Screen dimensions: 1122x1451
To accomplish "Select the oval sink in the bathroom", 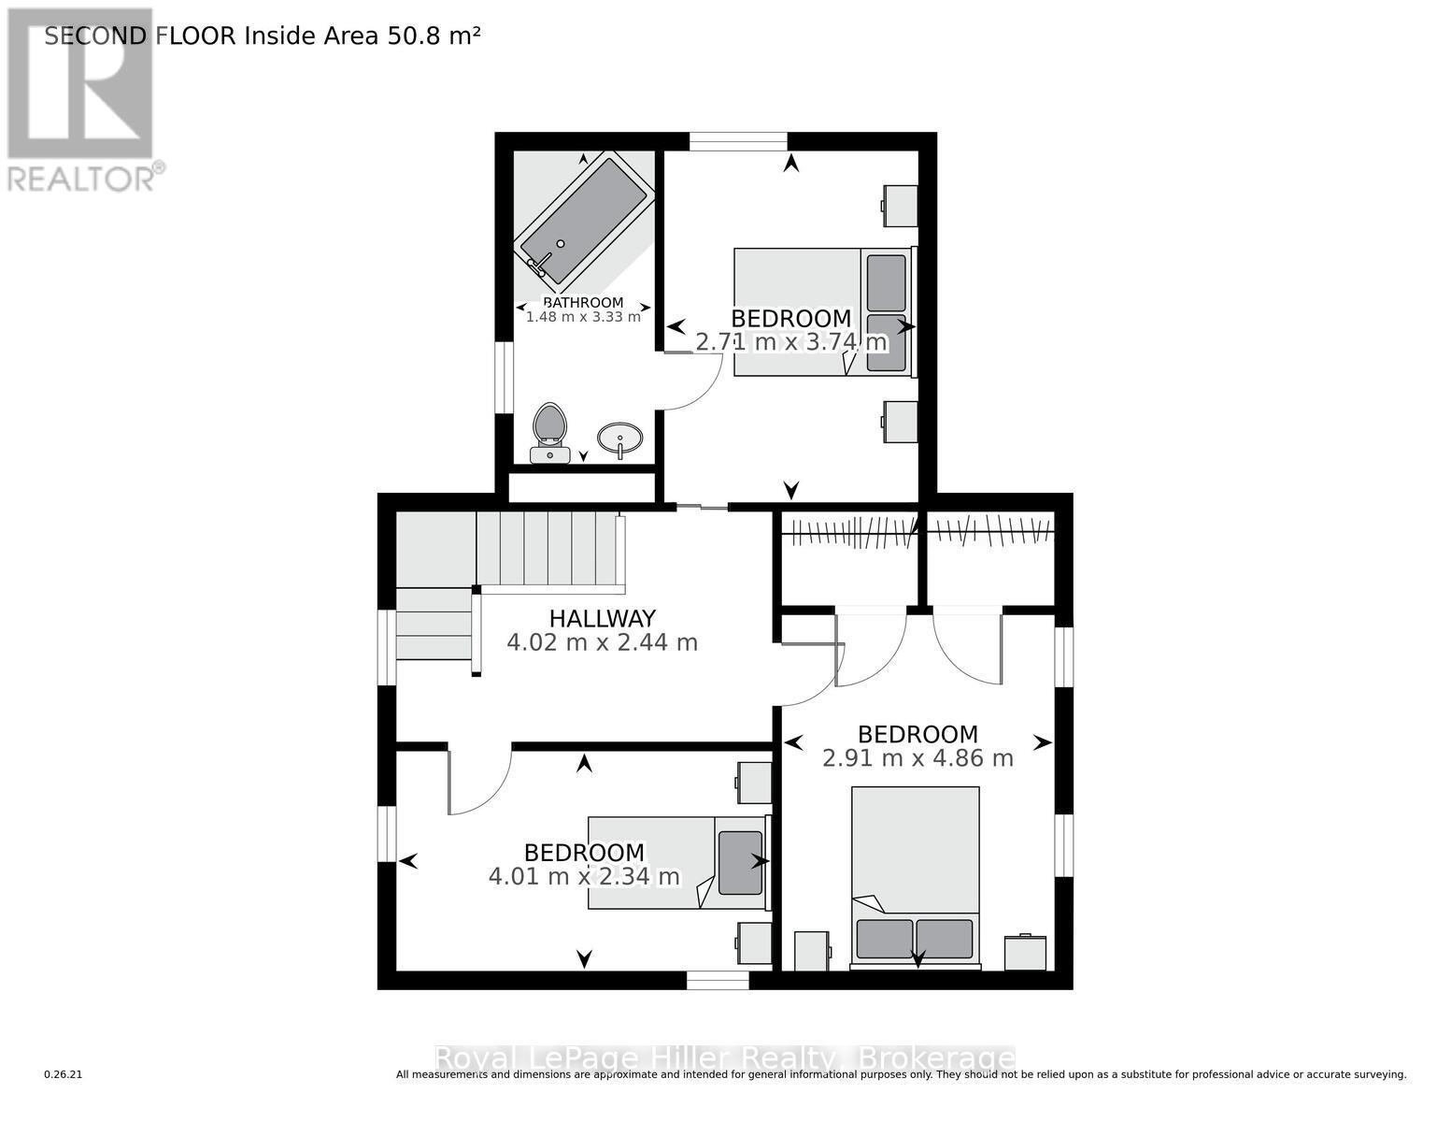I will pyautogui.click(x=619, y=437).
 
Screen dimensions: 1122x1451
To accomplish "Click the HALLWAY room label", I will pyautogui.click(x=602, y=618).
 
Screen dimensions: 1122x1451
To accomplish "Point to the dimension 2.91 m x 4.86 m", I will pyautogui.click(x=918, y=758).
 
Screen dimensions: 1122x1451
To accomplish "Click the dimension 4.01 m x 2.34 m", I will pyautogui.click(x=584, y=877).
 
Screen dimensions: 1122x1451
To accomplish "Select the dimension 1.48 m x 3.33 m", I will pyautogui.click(x=583, y=317).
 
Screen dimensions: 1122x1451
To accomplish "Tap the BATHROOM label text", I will pyautogui.click(x=583, y=302).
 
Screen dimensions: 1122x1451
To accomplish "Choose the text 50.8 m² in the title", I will pyautogui.click(x=434, y=36).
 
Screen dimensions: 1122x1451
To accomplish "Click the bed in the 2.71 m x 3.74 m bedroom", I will pyautogui.click(x=822, y=311).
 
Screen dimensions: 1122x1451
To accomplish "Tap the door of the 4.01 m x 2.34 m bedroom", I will pyautogui.click(x=478, y=782).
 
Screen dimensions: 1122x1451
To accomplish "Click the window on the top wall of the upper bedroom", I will pyautogui.click(x=738, y=141).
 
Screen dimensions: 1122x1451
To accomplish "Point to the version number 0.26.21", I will pyautogui.click(x=64, y=1075).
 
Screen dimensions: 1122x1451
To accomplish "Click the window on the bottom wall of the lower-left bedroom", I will pyautogui.click(x=718, y=980).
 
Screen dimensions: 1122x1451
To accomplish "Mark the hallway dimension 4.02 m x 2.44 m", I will pyautogui.click(x=602, y=642).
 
